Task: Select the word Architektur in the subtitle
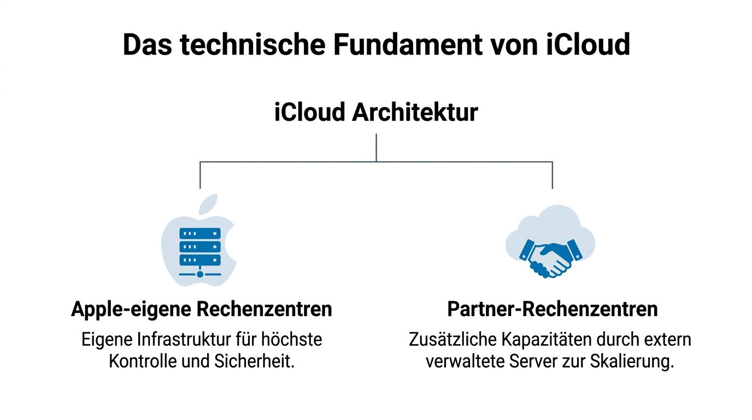tap(415, 112)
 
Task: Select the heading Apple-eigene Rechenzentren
tap(201, 309)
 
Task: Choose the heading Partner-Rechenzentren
tap(552, 309)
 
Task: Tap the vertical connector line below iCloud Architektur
tap(377, 148)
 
